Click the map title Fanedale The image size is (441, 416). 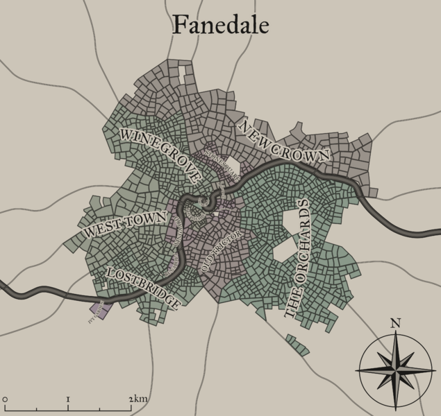(220, 25)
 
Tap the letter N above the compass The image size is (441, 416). (395, 322)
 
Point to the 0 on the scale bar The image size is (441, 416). (5, 399)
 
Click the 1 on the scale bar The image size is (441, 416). (68, 399)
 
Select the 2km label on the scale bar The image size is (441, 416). (138, 399)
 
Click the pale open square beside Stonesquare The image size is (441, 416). (233, 166)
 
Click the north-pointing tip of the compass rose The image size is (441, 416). (395, 333)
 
